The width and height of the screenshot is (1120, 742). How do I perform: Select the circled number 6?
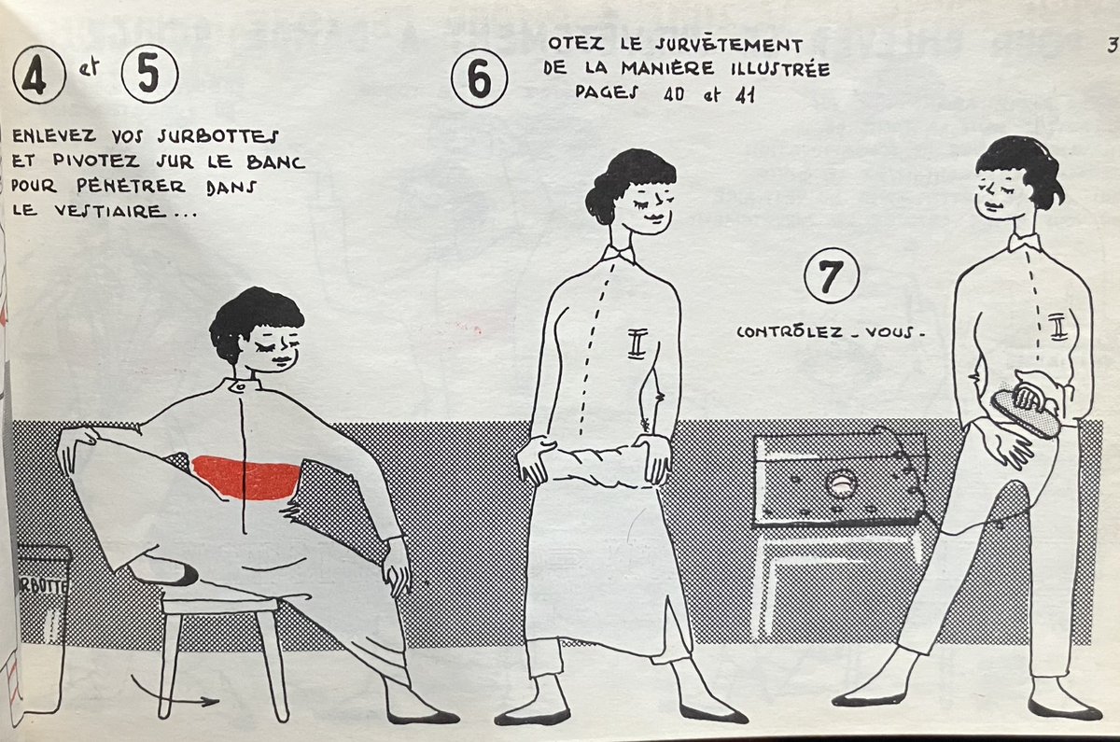click(479, 79)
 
